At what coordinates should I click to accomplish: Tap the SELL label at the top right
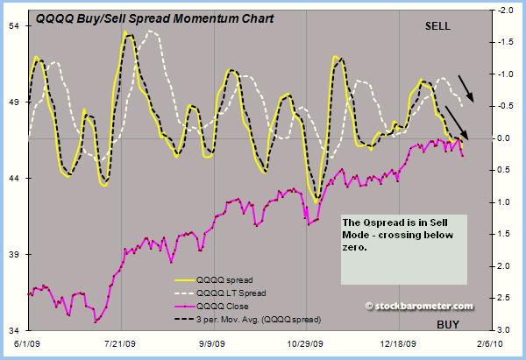point(437,26)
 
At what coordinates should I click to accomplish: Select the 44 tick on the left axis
point(16,178)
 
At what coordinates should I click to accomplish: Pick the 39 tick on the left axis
point(16,254)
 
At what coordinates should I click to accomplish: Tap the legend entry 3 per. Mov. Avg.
point(263,320)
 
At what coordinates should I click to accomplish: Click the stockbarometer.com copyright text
point(419,306)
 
